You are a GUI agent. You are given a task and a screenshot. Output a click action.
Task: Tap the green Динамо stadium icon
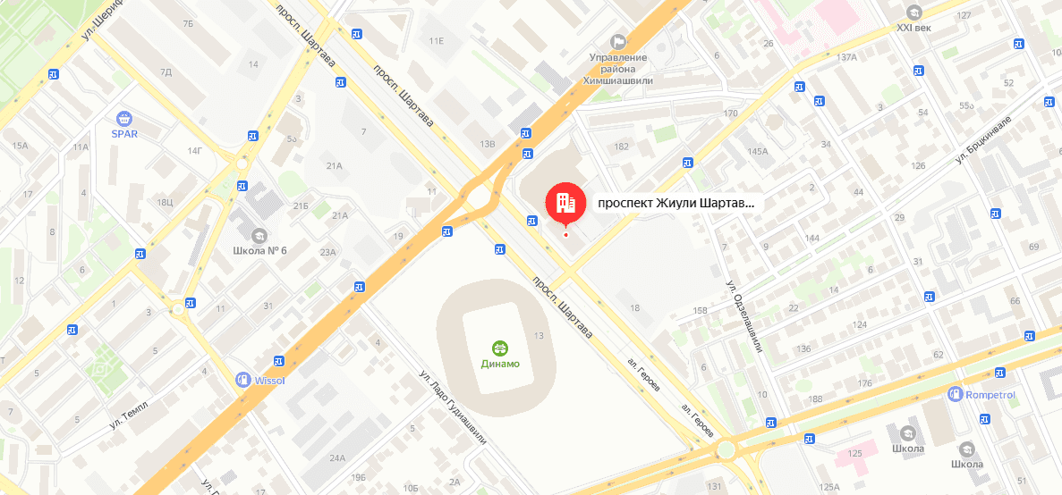[x=500, y=348]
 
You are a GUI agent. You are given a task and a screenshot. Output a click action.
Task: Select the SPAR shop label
[x=123, y=134]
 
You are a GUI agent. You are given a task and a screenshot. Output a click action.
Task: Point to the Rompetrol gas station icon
[x=956, y=394]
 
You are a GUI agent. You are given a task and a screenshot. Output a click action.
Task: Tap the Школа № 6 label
[x=259, y=249]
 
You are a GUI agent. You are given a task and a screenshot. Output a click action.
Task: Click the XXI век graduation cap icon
[x=913, y=13]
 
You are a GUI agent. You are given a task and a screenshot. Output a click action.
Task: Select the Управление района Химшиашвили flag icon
[x=618, y=41]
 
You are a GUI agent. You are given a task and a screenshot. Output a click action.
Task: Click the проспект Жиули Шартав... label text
[x=676, y=203]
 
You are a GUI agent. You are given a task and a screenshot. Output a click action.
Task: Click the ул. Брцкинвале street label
[x=982, y=139]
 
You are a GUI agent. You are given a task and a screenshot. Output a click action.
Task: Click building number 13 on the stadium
[x=539, y=335]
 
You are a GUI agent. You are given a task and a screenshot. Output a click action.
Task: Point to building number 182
[x=622, y=146]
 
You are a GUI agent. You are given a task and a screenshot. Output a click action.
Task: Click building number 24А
[x=336, y=458]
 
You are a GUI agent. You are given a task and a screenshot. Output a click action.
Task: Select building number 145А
[x=758, y=151]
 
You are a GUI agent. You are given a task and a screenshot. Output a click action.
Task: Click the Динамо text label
[x=500, y=364]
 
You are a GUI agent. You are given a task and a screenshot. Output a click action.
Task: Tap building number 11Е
[x=437, y=41]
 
